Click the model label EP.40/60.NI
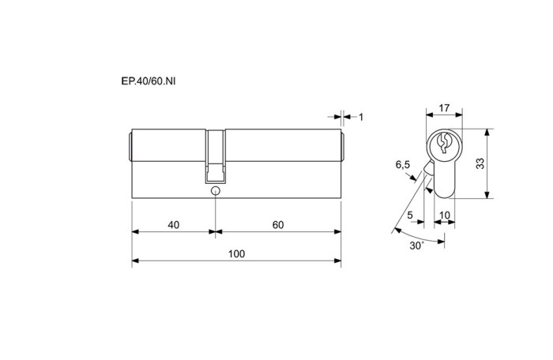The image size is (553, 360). click(x=149, y=81)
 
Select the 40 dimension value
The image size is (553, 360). click(x=174, y=224)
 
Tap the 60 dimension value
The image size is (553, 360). click(x=278, y=224)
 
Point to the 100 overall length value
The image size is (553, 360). click(x=236, y=254)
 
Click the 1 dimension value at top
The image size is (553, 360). click(x=361, y=117)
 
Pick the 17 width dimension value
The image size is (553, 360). click(x=444, y=107)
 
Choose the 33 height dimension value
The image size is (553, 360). click(x=480, y=163)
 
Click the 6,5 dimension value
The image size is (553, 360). click(x=402, y=165)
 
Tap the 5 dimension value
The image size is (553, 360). click(x=410, y=215)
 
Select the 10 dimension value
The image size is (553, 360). click(x=445, y=215)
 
